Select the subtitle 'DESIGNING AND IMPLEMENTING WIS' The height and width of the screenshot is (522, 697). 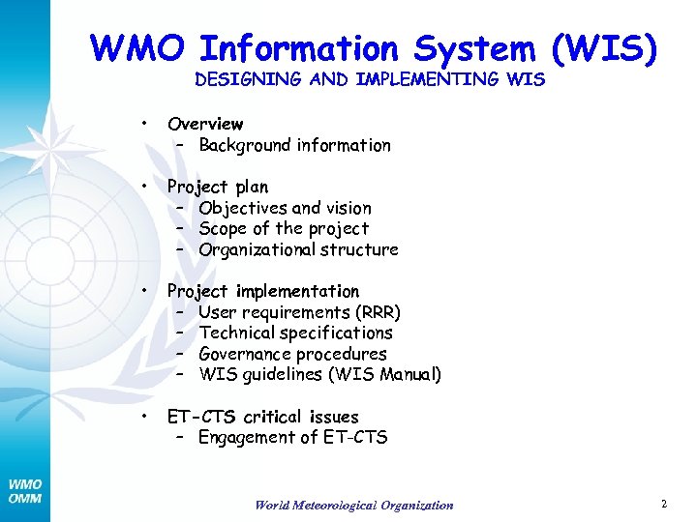point(370,80)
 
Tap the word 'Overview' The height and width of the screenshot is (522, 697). point(205,124)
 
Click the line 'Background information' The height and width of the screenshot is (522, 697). point(294,146)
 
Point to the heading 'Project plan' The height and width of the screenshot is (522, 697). point(218,187)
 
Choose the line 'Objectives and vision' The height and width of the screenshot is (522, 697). point(285,208)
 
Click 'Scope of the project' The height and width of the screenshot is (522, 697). point(284,229)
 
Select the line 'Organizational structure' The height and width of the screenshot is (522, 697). point(298,249)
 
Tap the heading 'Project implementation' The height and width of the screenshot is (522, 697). point(263,291)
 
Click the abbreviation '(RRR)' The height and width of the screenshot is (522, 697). point(377,312)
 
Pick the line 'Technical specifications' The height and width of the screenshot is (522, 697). point(295,333)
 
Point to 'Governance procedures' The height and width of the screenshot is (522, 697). point(292,354)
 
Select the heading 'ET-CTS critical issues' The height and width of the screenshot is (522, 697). point(263,417)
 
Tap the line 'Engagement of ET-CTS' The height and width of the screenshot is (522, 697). point(292,438)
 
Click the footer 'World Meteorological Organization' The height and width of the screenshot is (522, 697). point(353,505)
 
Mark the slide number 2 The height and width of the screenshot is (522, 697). point(664,504)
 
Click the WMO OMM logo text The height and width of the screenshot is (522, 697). point(25,491)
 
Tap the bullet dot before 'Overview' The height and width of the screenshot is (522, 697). point(142,124)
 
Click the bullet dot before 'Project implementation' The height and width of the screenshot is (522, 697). point(142,290)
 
